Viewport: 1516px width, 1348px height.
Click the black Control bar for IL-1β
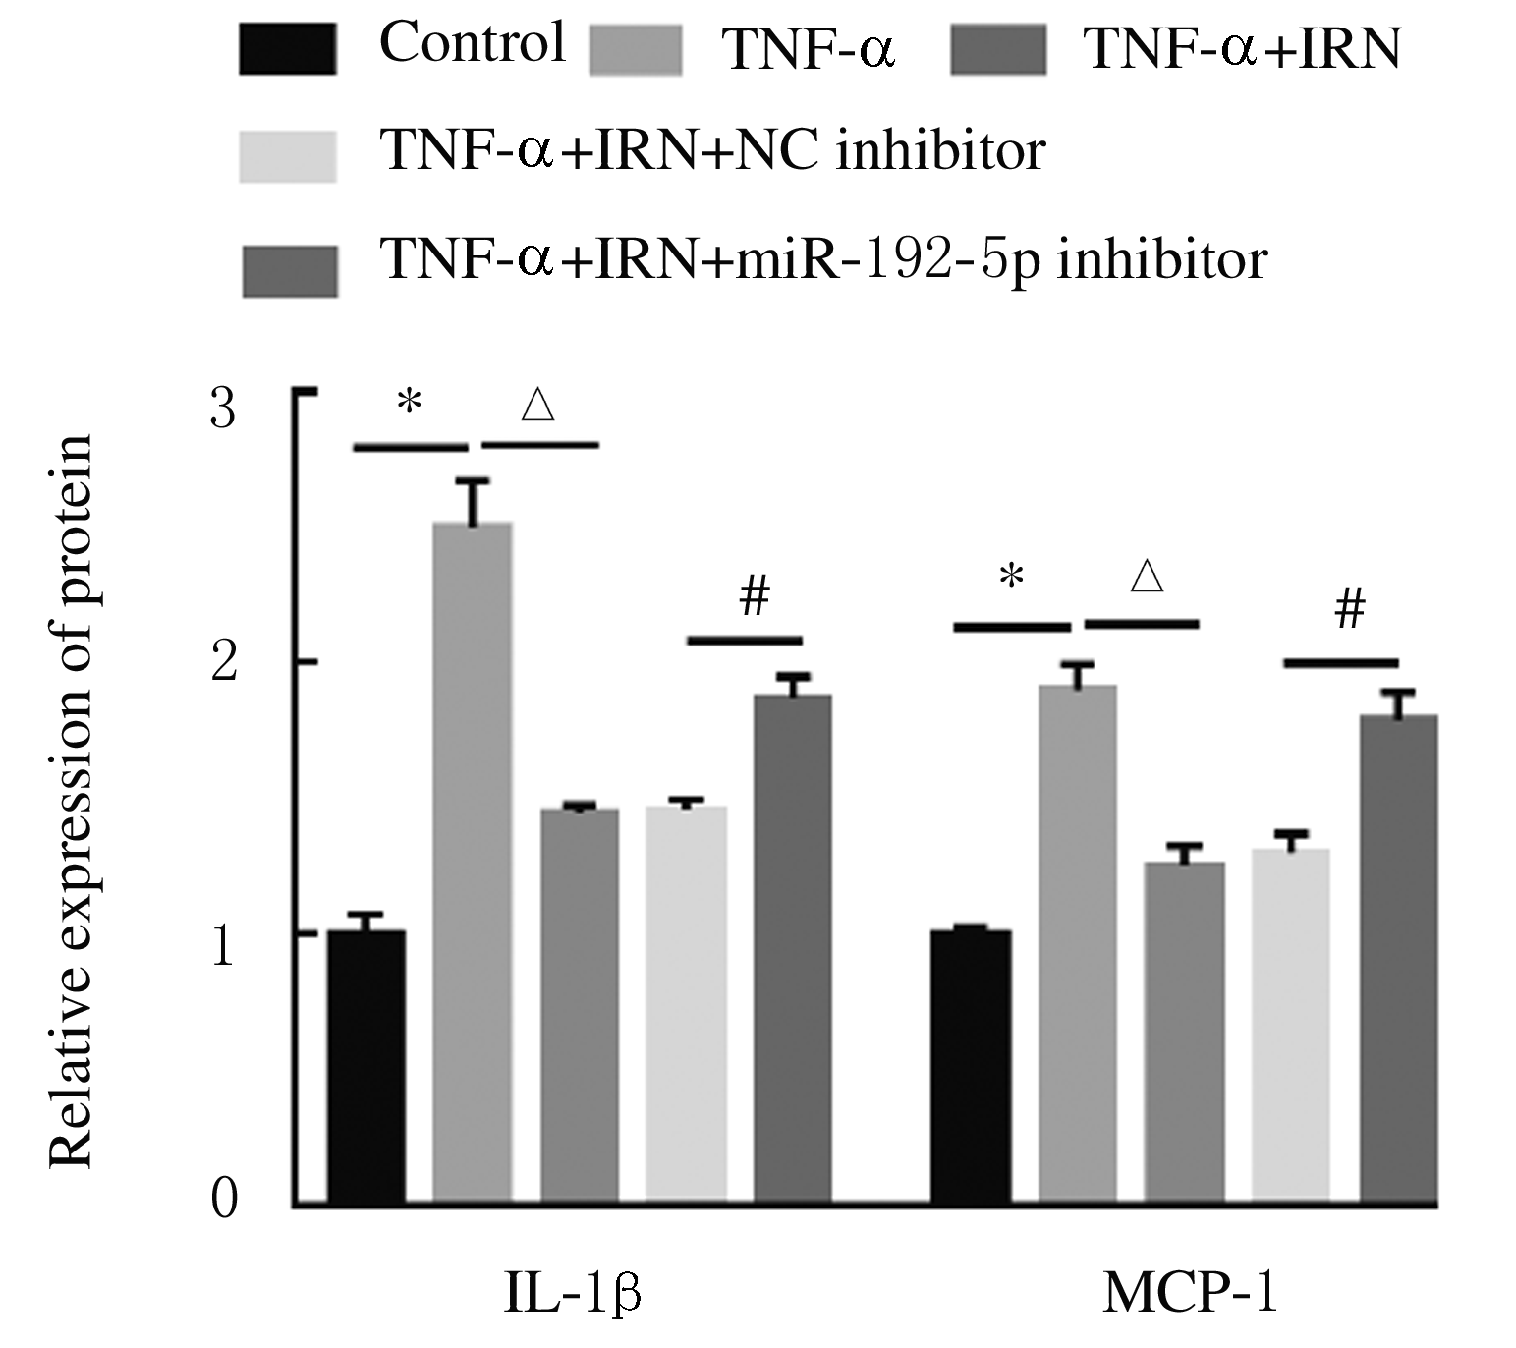click(366, 1066)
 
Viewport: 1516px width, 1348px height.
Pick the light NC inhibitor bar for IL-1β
click(686, 1003)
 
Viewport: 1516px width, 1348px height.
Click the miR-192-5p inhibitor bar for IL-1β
click(792, 948)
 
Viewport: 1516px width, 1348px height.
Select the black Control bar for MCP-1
click(971, 1066)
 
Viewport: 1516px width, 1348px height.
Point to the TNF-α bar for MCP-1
click(1078, 943)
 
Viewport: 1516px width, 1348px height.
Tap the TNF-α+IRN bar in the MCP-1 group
click(1184, 1032)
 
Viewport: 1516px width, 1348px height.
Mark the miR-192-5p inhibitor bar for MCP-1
click(1398, 958)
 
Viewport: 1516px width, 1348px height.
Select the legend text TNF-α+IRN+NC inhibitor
click(713, 151)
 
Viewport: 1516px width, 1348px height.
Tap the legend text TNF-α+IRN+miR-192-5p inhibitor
click(824, 259)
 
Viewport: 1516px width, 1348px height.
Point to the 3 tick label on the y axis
click(224, 408)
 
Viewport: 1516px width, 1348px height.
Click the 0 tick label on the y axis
click(225, 1200)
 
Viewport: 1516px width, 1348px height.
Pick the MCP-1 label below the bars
click(1190, 1294)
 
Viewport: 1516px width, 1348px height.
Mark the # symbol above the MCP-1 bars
click(1350, 610)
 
